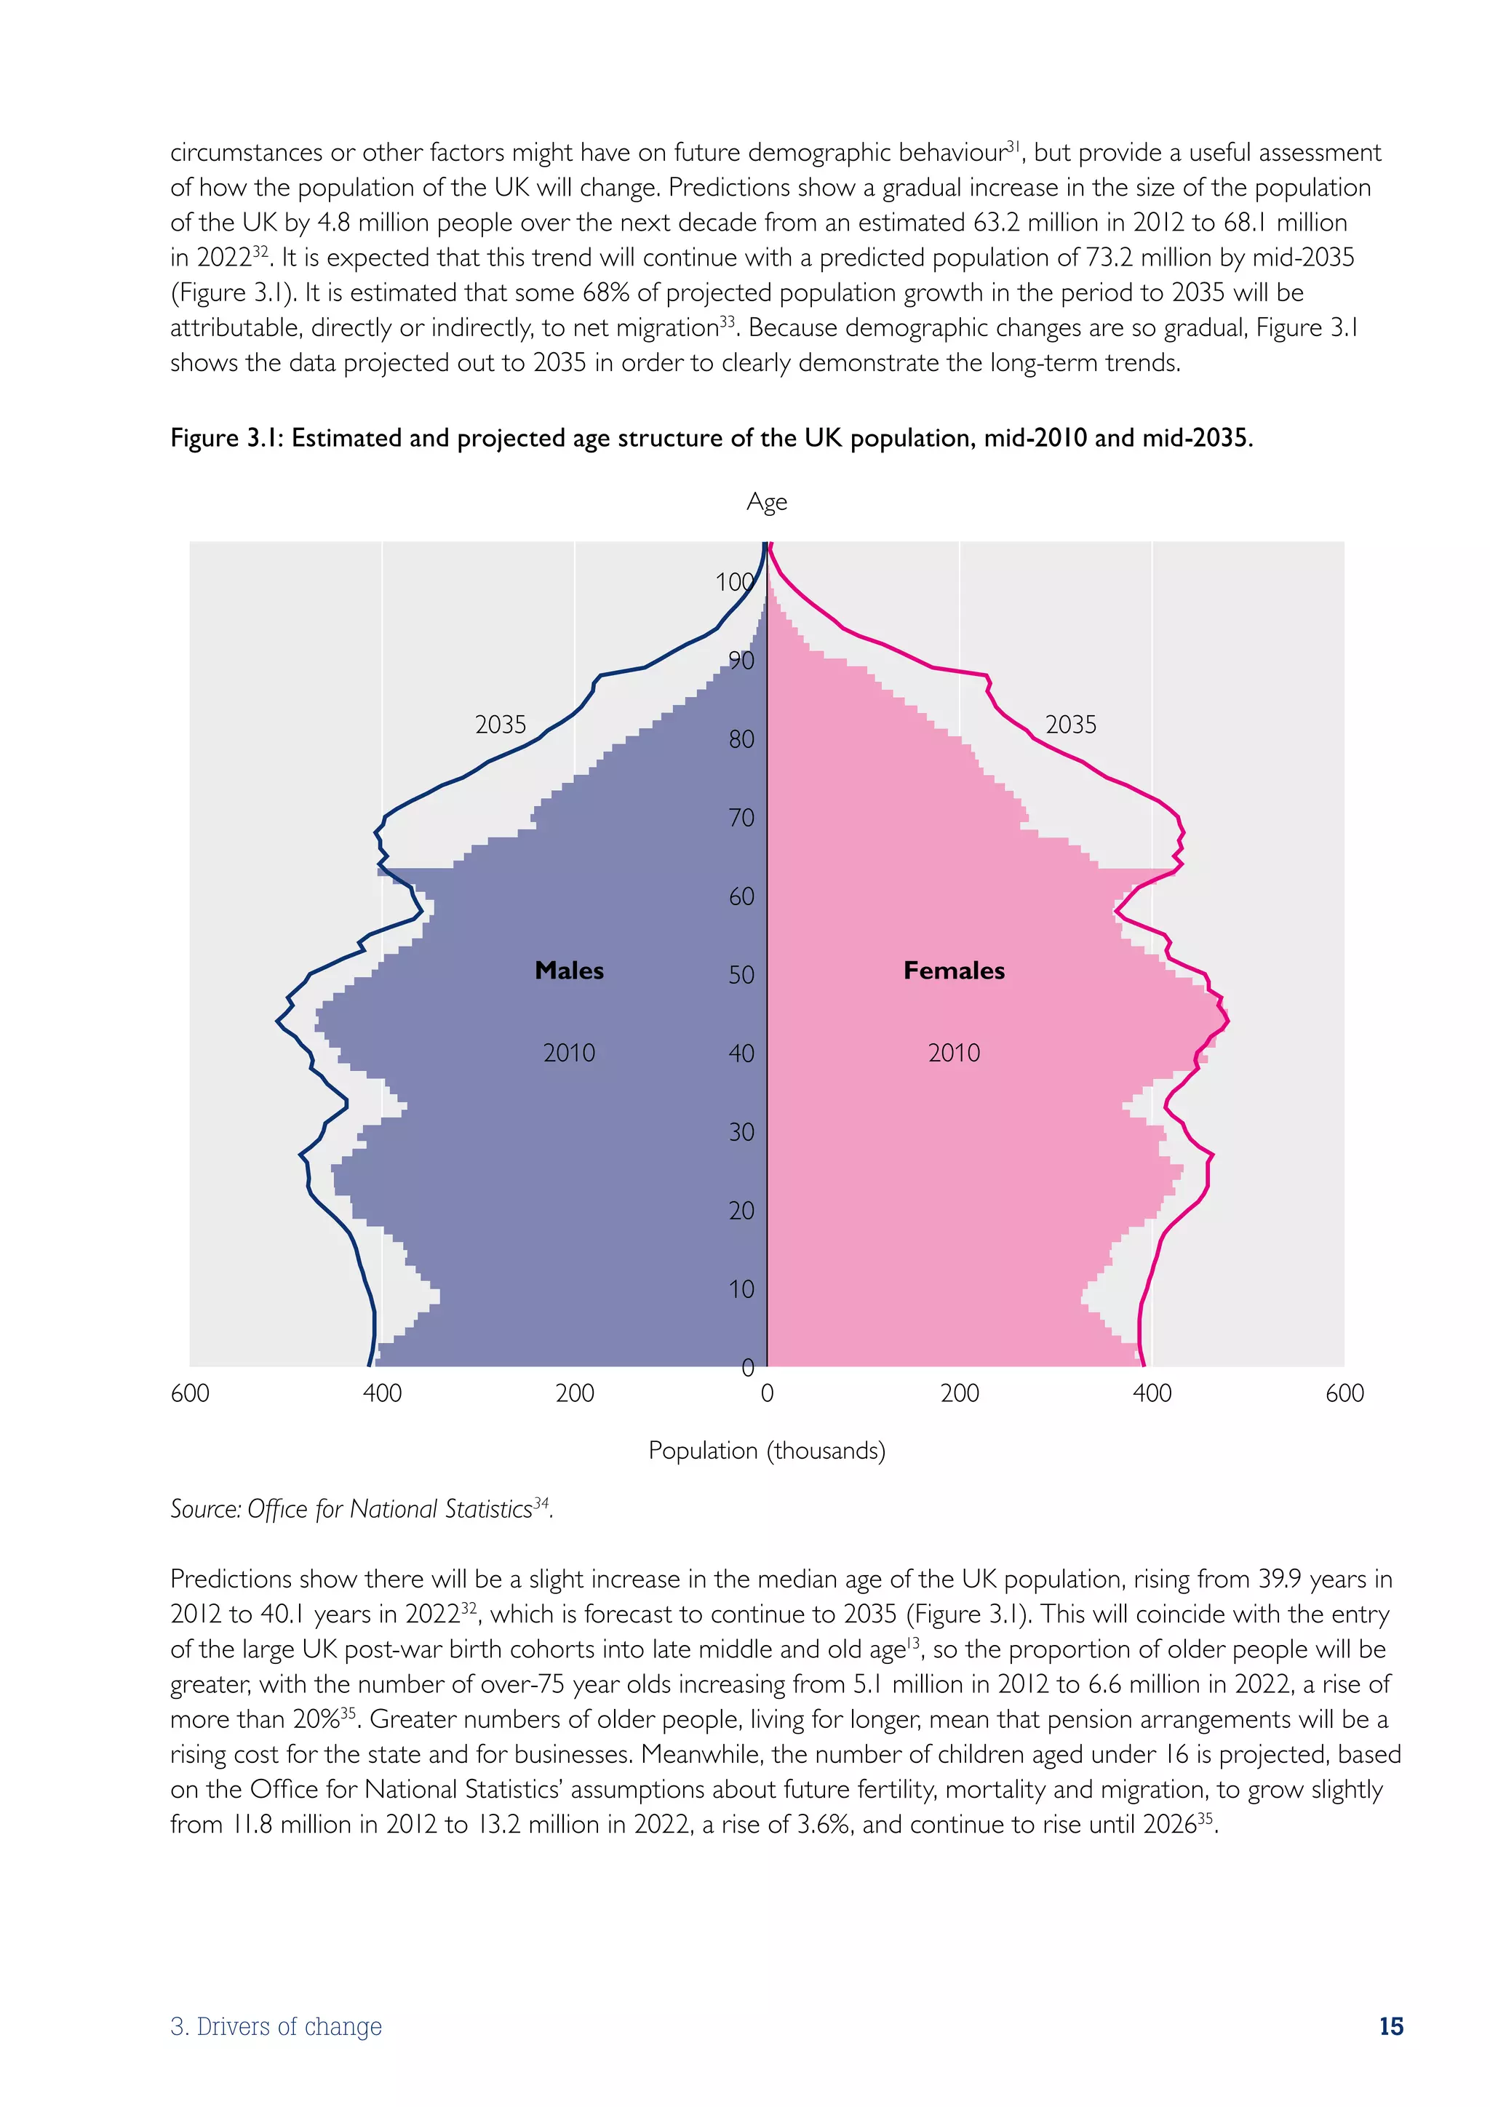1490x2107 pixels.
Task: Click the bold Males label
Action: coord(569,971)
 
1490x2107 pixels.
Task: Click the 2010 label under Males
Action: coord(569,1053)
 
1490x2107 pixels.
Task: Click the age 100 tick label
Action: coord(734,582)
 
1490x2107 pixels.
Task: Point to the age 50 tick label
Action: coord(741,975)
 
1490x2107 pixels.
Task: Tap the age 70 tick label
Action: coord(741,818)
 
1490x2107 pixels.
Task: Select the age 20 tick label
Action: coord(741,1211)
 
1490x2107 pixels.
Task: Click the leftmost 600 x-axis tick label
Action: coord(190,1393)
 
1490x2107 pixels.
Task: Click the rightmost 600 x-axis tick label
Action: coord(1344,1393)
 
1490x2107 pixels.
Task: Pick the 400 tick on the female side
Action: coord(1152,1393)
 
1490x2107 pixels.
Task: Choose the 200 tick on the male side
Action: coord(574,1393)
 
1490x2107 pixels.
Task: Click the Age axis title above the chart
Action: coord(766,502)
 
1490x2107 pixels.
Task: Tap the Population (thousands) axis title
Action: coord(766,1451)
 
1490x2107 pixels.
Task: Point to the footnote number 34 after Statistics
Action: coord(541,1502)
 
